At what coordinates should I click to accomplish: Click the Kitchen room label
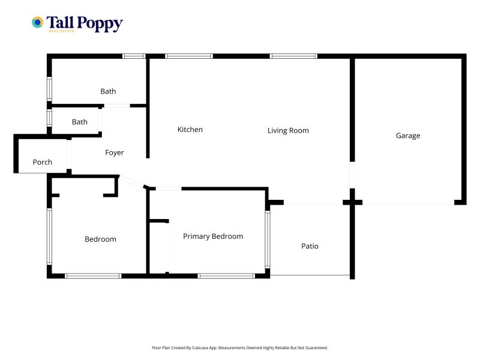point(190,130)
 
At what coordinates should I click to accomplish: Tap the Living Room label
point(288,130)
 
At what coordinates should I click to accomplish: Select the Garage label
point(408,136)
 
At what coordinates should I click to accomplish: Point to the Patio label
point(310,246)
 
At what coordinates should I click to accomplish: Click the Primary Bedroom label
point(213,236)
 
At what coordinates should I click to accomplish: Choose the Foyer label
point(114,152)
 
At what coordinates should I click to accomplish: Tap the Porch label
point(42,162)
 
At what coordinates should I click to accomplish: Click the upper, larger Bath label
point(108,91)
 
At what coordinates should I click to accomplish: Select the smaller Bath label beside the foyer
point(80,122)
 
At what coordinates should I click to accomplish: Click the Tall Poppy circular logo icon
point(37,22)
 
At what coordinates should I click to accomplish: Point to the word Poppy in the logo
point(100,23)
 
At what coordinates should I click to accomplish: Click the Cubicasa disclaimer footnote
point(239,348)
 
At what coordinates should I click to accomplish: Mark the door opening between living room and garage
point(352,175)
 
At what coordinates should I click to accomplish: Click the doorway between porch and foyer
point(69,154)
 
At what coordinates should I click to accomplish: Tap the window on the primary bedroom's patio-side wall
point(267,239)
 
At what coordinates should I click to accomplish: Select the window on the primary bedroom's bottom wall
point(226,276)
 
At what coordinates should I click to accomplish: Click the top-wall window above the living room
point(293,56)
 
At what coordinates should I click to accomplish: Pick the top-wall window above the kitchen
point(188,56)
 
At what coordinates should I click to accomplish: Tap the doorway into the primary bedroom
point(169,188)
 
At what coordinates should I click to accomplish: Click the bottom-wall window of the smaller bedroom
point(94,276)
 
